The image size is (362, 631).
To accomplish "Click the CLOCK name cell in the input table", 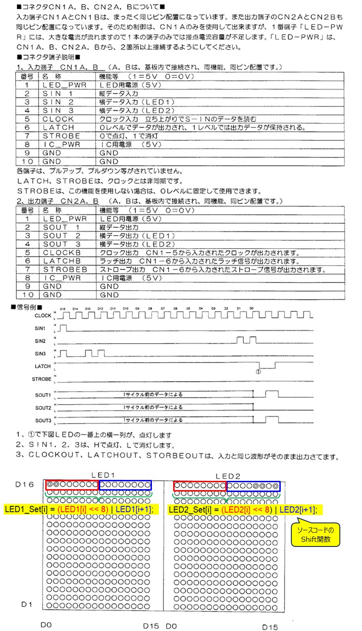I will pos(58,119).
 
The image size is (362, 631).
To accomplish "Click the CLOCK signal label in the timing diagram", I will pos(43,316).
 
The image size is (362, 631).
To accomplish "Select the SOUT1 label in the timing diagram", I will pos(43,395).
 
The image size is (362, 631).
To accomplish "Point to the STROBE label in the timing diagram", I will pos(42,379).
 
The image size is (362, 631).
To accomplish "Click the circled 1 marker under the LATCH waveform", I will pos(258,371).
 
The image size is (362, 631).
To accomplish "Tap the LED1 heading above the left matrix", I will pos(102,475).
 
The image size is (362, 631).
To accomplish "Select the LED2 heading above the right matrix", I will pos(228,476).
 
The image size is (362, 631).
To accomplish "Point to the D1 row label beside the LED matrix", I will pos(27,604).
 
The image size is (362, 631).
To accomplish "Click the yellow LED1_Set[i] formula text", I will pos(79,510).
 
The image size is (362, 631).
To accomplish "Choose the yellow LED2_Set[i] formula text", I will pos(245,510).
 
